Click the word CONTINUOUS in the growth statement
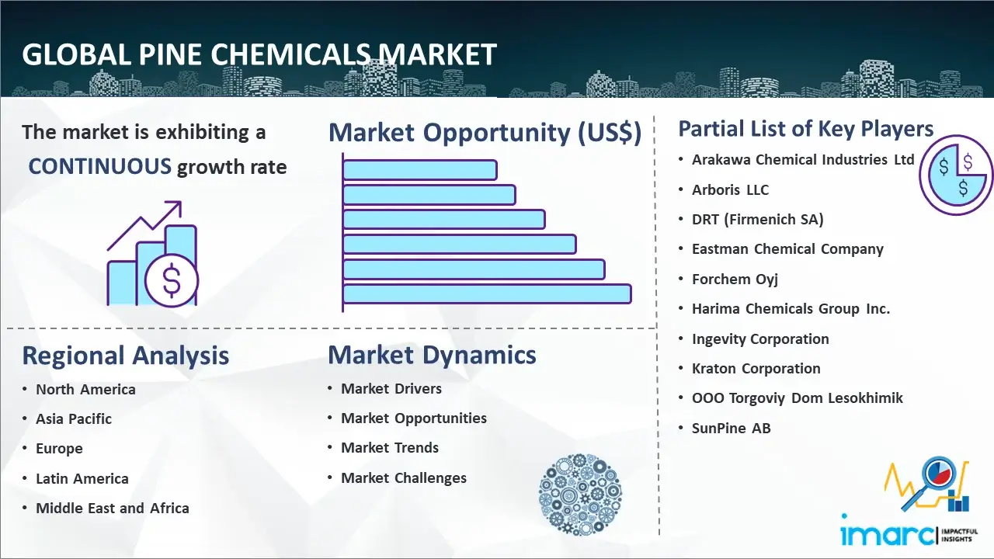point(100,166)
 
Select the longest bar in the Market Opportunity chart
point(487,293)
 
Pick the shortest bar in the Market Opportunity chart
point(420,169)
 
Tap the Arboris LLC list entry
point(730,190)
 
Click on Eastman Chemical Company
point(787,249)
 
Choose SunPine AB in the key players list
point(732,428)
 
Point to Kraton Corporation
point(756,368)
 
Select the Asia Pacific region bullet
point(74,418)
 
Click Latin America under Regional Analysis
point(82,479)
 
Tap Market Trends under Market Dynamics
point(390,448)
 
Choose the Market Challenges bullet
point(404,477)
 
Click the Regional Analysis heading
point(126,356)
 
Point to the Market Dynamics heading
point(432,355)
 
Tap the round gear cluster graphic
point(580,495)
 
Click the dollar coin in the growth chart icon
point(172,280)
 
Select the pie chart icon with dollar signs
point(955,175)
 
